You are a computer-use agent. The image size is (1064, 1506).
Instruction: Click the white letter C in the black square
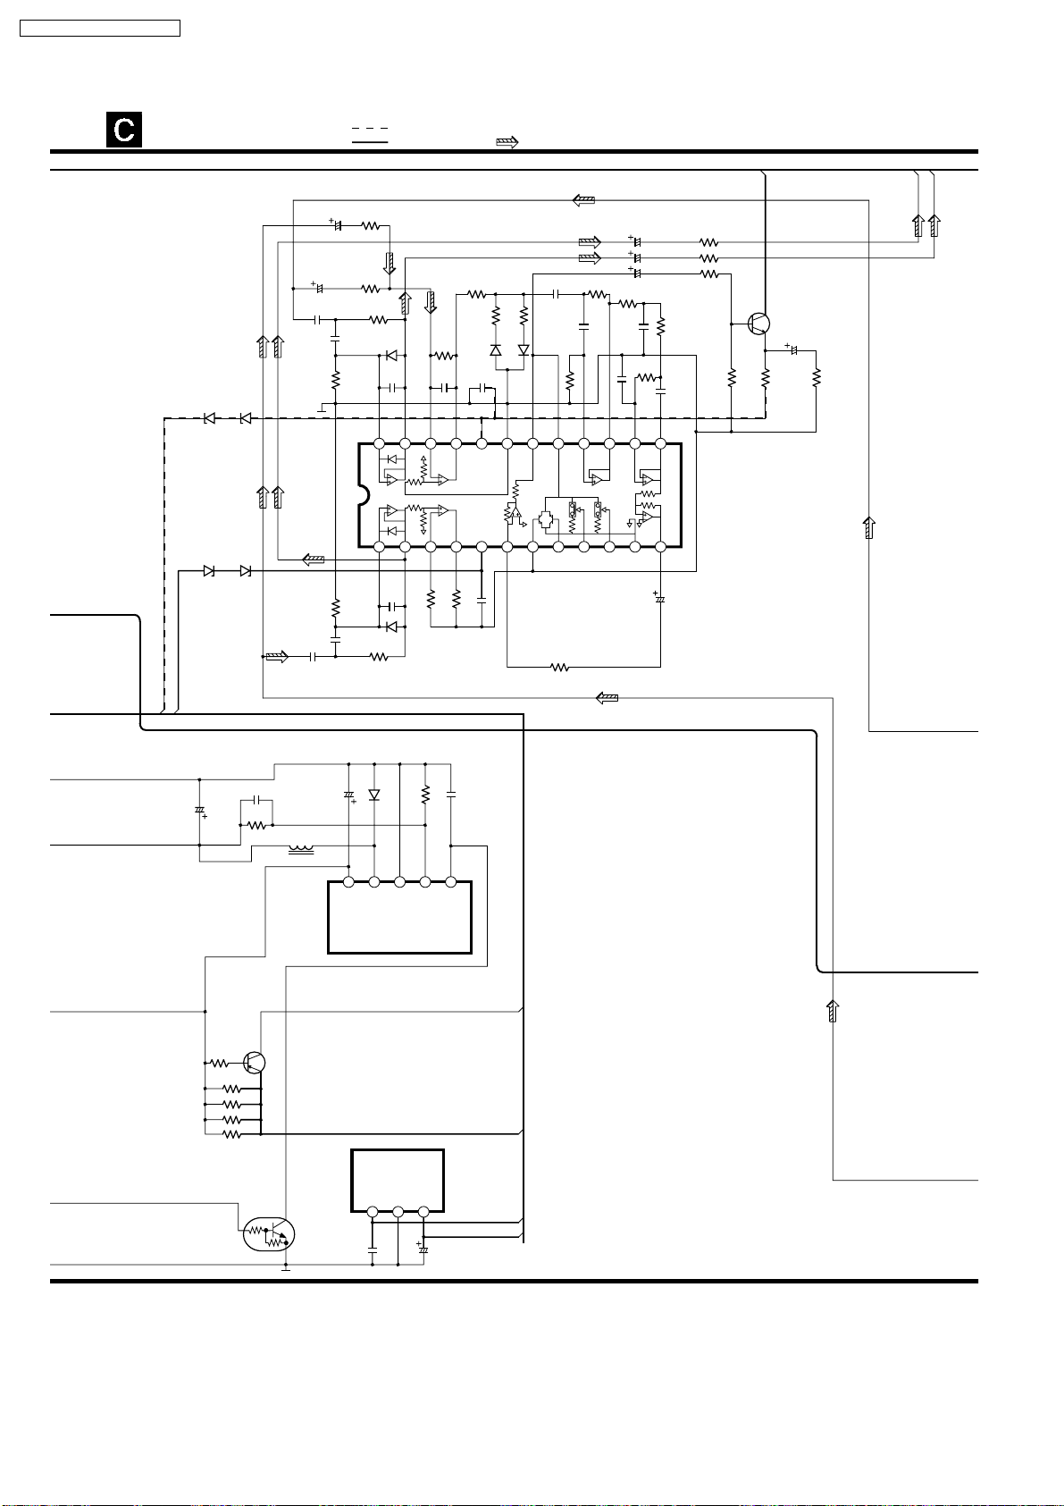124,130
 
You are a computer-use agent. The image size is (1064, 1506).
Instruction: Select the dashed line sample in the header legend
370,130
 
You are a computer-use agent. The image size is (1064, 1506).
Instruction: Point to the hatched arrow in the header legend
507,142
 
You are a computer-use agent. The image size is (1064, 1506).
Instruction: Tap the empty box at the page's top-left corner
100,29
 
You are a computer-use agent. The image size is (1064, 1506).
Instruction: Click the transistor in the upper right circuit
758,324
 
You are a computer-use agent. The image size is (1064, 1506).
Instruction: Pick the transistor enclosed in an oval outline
268,1234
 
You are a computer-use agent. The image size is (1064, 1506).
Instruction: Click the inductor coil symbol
301,849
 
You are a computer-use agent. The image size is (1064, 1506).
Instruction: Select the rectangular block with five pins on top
399,917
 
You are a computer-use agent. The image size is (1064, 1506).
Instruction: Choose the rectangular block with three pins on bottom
398,1179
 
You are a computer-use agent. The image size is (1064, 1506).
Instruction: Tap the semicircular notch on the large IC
363,494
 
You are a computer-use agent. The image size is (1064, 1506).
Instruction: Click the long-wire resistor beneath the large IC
559,667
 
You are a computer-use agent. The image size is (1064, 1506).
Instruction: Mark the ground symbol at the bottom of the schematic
286,1267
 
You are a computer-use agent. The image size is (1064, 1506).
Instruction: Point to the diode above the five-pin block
373,795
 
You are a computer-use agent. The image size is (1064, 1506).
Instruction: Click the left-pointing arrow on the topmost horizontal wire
583,200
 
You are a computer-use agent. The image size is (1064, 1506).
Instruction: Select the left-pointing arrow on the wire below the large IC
607,697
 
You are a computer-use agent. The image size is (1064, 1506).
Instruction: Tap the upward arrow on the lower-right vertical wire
833,1011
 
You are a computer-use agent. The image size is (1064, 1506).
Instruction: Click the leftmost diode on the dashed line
208,418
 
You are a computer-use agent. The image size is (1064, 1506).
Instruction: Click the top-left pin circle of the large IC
379,443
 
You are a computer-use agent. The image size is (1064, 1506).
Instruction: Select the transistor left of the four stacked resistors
254,1063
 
